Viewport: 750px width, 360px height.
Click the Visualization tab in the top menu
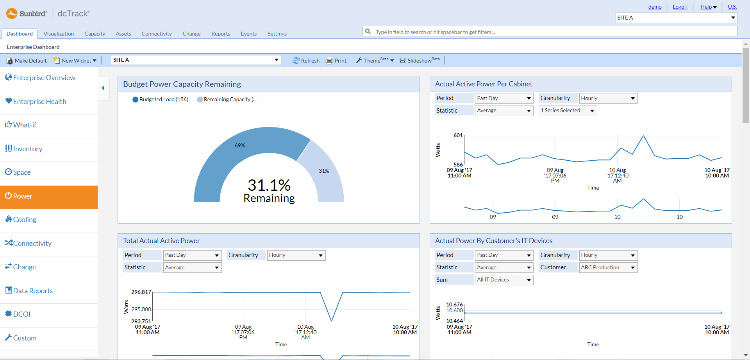[x=59, y=34]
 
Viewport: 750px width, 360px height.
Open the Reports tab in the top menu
[x=221, y=34]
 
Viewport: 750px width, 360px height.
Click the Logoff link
[x=680, y=7]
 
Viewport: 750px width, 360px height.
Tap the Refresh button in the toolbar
[x=306, y=61]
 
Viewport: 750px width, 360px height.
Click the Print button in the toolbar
[x=336, y=61]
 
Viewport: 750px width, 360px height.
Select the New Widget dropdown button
[x=75, y=61]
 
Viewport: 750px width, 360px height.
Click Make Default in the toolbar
[x=27, y=61]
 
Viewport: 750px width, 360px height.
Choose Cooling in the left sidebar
[x=25, y=220]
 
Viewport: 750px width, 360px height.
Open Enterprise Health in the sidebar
[x=39, y=102]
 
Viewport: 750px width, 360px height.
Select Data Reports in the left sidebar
[x=33, y=291]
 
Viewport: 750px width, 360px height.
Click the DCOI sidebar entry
[x=21, y=314]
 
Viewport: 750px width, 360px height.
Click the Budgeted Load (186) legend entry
[x=161, y=100]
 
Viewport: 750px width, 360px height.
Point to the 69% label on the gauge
[x=240, y=145]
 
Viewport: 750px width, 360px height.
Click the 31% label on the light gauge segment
[x=324, y=171]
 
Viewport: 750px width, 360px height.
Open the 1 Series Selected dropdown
[x=568, y=111]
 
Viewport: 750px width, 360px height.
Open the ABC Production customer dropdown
[x=607, y=268]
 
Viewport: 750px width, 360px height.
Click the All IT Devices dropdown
[x=504, y=280]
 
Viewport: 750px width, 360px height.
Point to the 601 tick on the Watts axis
[x=458, y=135]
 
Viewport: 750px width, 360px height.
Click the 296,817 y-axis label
[x=141, y=292]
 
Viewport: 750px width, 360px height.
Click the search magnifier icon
[x=368, y=32]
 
